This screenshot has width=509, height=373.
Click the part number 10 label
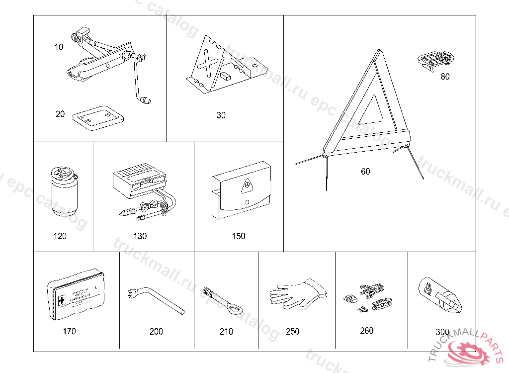59,47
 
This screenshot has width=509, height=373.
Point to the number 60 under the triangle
365,172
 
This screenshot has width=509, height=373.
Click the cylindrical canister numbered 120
63,192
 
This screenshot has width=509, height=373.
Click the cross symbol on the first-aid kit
62,301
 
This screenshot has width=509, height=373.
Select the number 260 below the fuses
366,331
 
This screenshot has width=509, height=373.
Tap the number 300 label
442,332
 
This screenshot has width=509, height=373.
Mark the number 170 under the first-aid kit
70,331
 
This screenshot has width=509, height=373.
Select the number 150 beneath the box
239,236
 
